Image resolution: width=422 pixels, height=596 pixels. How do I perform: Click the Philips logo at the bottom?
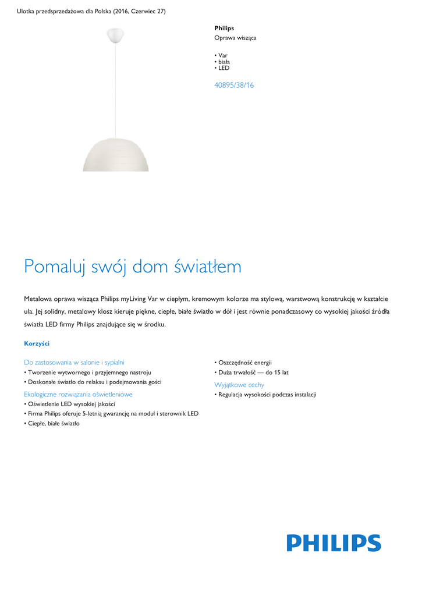(x=334, y=543)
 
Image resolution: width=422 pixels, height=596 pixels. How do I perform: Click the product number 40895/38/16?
(x=234, y=86)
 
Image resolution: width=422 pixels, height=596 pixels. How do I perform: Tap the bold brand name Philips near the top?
(x=224, y=28)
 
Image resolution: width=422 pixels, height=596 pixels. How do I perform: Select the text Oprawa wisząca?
(x=235, y=38)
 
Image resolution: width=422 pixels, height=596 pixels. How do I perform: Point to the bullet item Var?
(x=222, y=55)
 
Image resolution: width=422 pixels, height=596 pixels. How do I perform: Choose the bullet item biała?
(x=224, y=62)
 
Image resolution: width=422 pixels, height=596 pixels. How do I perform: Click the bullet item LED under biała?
(x=223, y=68)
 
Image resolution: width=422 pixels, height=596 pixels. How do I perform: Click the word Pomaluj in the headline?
(x=53, y=267)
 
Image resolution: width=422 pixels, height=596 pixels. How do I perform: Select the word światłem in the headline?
(x=207, y=267)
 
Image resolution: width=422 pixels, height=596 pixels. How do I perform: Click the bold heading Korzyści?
(x=37, y=344)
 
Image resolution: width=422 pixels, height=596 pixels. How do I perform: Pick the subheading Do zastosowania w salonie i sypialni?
(x=74, y=361)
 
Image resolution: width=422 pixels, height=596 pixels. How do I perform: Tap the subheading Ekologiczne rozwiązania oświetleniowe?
(x=78, y=394)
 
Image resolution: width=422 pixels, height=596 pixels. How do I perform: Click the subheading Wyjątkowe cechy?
(x=239, y=385)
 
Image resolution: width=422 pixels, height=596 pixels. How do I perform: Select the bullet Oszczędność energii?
(x=244, y=362)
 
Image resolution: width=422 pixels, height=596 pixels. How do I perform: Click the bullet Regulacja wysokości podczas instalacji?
(x=267, y=395)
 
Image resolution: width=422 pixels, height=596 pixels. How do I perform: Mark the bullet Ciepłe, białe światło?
(x=54, y=423)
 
